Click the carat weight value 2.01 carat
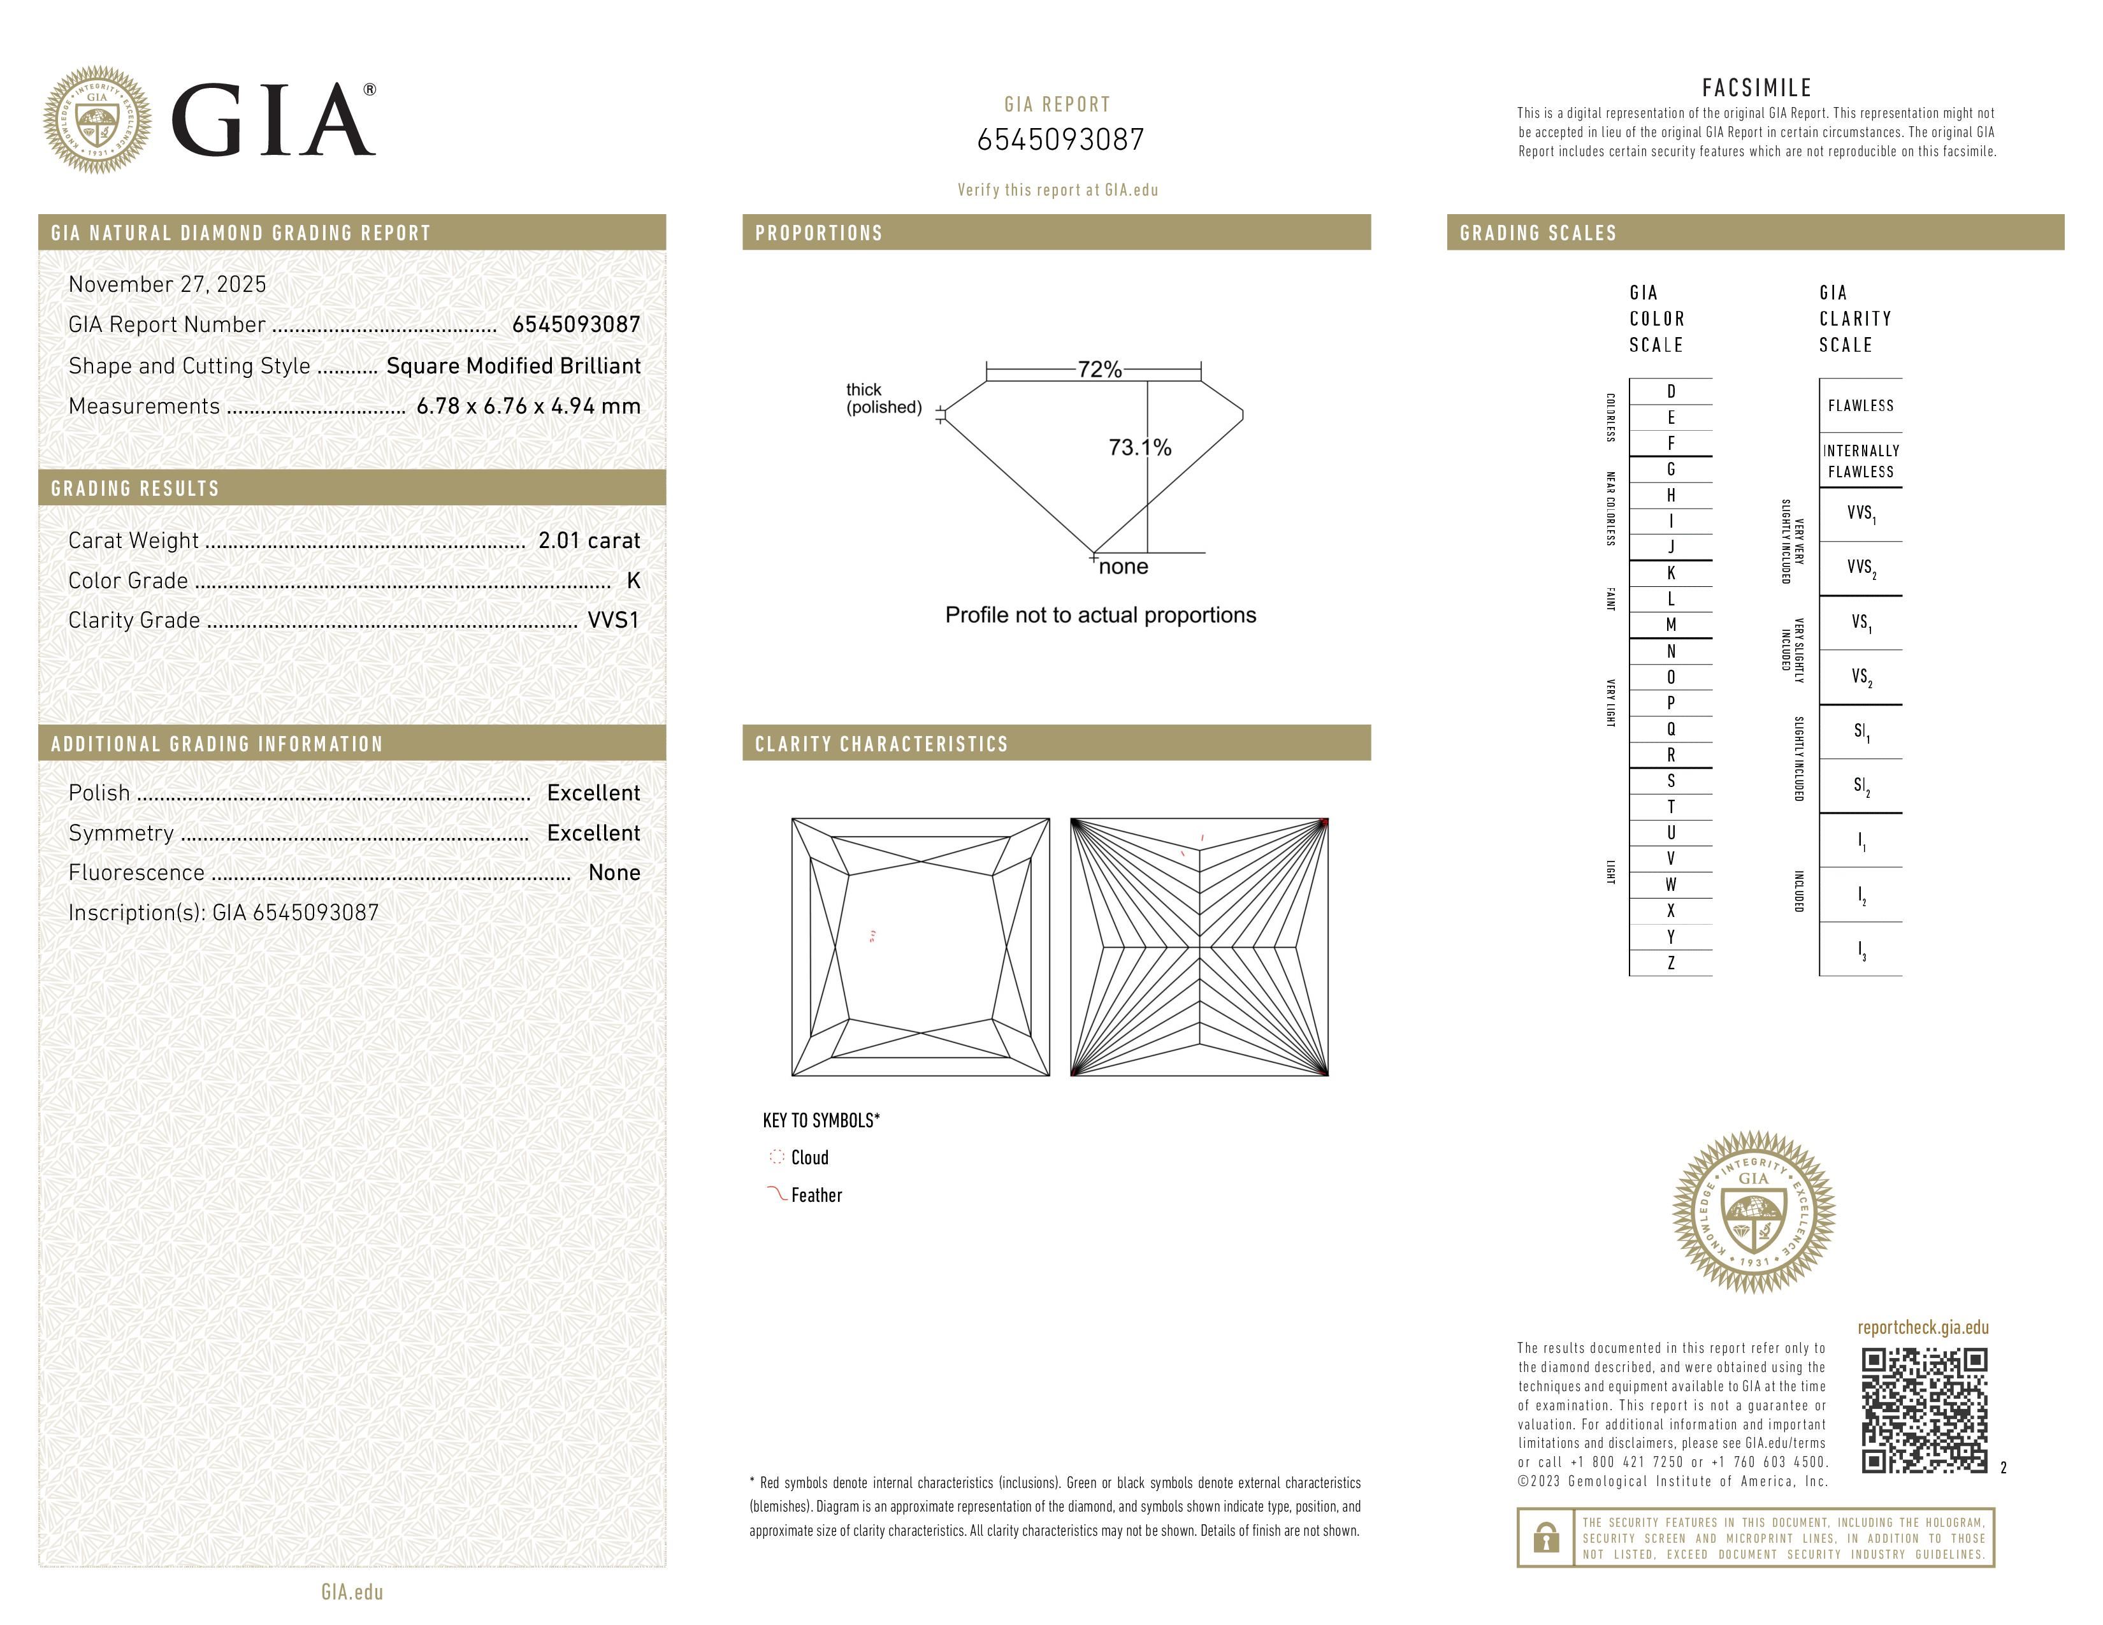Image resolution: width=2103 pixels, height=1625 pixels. (588, 541)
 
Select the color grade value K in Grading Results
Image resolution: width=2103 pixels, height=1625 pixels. (633, 581)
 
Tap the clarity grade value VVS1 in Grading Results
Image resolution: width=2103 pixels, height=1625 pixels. (613, 621)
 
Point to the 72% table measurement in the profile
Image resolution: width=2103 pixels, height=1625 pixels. (1099, 370)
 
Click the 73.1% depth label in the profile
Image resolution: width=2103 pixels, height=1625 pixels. (1139, 447)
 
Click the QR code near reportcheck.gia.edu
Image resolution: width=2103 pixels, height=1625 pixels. (1924, 1410)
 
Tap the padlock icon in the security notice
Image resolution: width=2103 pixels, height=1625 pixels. (1545, 1538)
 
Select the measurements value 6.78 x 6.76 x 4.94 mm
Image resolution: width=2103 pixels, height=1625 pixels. (528, 407)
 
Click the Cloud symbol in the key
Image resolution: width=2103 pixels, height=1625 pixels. (776, 1157)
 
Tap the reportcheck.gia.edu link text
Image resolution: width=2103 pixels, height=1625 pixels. (1923, 1327)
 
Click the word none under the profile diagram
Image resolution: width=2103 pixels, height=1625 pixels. (1123, 567)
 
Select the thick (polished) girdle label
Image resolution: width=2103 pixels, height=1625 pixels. (883, 398)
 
